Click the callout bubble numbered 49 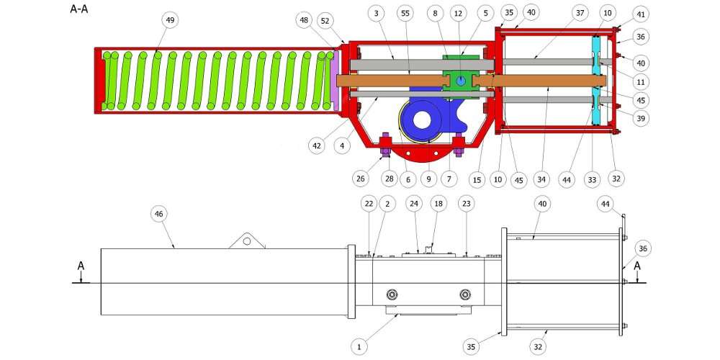click(171, 20)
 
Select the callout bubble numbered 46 click(159, 214)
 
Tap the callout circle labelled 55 click(405, 13)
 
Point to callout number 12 click(457, 13)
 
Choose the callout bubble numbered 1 click(359, 347)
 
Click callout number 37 click(580, 13)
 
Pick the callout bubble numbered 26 click(361, 178)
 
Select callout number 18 click(438, 204)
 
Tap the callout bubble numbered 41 click(641, 14)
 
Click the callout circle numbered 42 click(316, 145)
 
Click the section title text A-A click(79, 9)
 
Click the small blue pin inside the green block click(461, 81)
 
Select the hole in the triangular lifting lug click(247, 240)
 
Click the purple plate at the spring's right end click(335, 80)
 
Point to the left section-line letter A click(81, 266)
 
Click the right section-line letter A click(637, 266)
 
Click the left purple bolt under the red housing click(385, 145)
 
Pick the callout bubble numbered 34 click(542, 179)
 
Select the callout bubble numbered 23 click(467, 204)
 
